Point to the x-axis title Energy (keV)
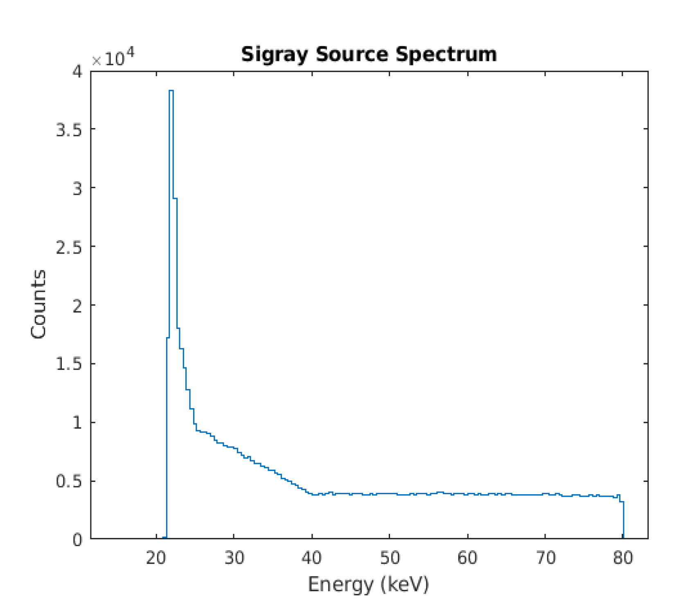click(x=368, y=584)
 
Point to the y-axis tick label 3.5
click(x=69, y=130)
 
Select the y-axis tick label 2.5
click(x=69, y=247)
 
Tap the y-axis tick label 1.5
click(x=69, y=364)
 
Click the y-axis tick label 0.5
click(x=69, y=482)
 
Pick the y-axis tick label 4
click(x=77, y=72)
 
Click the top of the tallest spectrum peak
click(x=171, y=91)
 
